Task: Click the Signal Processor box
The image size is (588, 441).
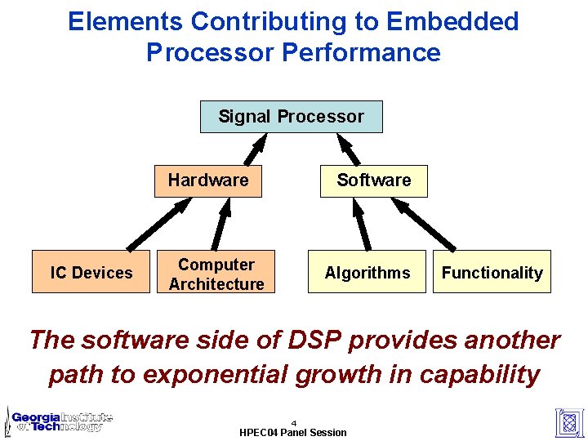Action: pos(291,117)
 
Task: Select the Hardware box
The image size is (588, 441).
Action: pos(208,180)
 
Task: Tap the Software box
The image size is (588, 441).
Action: pos(374,180)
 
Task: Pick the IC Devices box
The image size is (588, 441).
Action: pos(91,273)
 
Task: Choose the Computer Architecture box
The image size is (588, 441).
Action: pos(216,274)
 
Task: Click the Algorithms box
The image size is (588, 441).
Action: pos(367,273)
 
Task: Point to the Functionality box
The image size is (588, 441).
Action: pos(492,273)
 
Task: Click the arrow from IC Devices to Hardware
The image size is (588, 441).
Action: pos(159,225)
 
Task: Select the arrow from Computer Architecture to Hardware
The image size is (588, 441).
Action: pos(221,224)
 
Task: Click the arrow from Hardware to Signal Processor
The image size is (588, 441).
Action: pos(256,149)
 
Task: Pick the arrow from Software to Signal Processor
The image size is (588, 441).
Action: pos(349,149)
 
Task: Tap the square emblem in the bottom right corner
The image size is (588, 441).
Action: pos(569,421)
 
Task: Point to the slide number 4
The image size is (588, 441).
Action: pos(293,423)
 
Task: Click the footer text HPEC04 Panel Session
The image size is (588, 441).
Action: pos(293,432)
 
